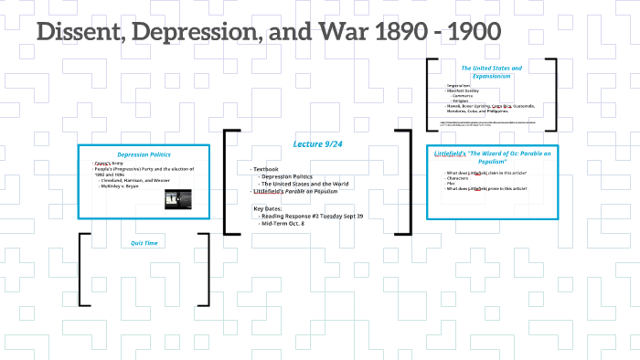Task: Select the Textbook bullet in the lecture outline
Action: [x=266, y=169]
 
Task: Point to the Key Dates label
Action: [x=272, y=208]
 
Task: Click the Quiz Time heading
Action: [x=144, y=243]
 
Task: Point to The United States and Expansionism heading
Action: [x=491, y=72]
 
